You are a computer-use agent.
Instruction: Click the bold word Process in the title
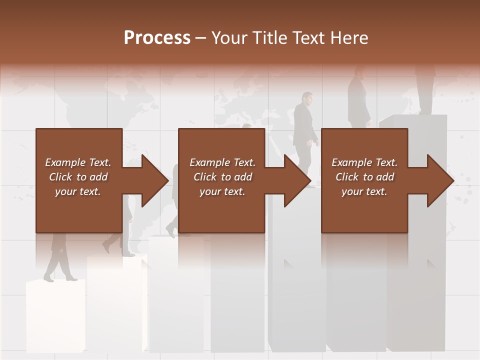pyautogui.click(x=157, y=38)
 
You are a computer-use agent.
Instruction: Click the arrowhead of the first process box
pyautogui.click(x=155, y=180)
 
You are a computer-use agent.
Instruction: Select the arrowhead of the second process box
pyautogui.click(x=297, y=180)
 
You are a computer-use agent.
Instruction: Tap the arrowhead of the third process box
pyautogui.click(x=440, y=180)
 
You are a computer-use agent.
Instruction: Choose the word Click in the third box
pyautogui.click(x=347, y=177)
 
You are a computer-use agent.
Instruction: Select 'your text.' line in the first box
pyautogui.click(x=77, y=191)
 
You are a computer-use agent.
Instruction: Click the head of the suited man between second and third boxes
pyautogui.click(x=306, y=97)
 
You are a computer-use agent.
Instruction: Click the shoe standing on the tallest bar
pyautogui.click(x=425, y=111)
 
